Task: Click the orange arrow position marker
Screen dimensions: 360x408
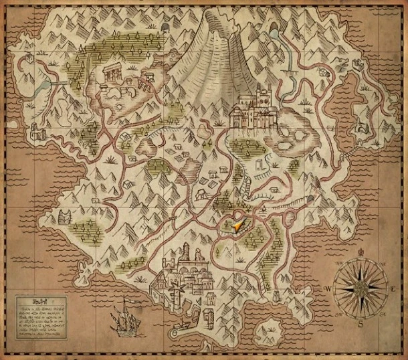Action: coord(237,226)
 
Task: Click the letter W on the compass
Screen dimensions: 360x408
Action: coord(328,288)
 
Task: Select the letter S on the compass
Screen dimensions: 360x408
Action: coord(360,324)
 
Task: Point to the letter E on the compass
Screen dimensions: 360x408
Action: coord(392,288)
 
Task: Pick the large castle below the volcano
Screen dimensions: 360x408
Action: coord(251,114)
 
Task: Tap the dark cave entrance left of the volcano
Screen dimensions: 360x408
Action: coord(165,27)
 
